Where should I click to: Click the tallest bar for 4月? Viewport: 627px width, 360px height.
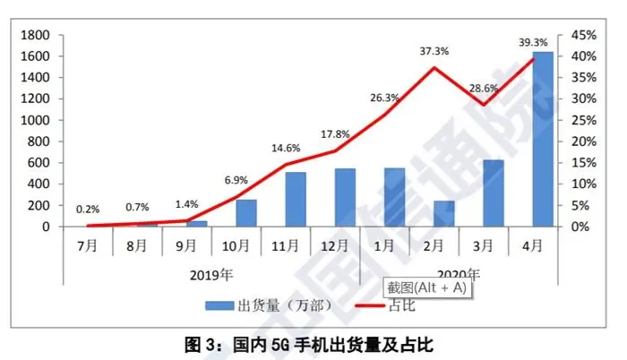pos(543,139)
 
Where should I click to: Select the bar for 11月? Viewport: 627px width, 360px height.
pos(296,199)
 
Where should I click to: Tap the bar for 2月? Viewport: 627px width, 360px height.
pos(444,213)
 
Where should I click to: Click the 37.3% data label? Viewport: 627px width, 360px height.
pos(434,52)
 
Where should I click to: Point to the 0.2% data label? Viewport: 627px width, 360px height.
pos(88,209)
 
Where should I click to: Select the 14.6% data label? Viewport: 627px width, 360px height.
pos(286,149)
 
